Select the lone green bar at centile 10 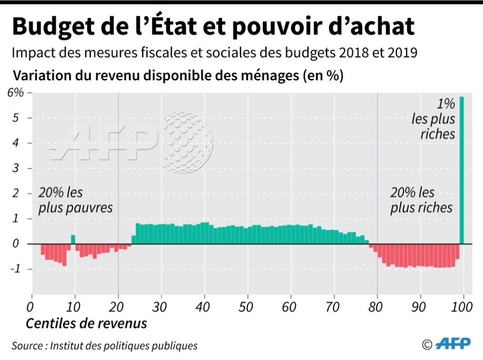click(73, 239)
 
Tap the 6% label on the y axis click(15, 93)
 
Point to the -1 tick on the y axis click(17, 269)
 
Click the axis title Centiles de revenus click(86, 323)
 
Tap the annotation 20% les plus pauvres click(76, 201)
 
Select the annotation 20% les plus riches click(421, 201)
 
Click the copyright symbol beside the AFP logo click(427, 343)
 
